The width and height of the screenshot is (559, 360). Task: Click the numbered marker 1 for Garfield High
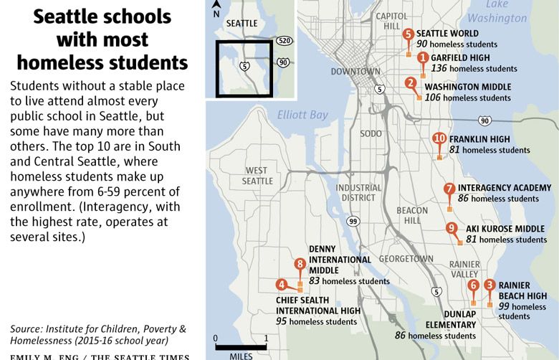tap(423, 58)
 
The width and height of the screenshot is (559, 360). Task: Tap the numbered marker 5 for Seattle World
tap(408, 34)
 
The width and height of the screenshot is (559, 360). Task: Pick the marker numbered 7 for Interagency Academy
tap(449, 189)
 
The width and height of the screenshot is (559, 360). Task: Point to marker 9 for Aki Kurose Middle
tap(451, 229)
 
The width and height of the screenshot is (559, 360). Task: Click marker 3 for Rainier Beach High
tap(489, 285)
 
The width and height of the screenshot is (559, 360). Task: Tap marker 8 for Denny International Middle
tap(300, 265)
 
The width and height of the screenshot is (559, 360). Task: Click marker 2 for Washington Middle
tap(411, 83)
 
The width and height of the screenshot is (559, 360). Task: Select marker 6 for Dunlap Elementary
tap(473, 285)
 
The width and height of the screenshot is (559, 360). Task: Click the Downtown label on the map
tap(355, 72)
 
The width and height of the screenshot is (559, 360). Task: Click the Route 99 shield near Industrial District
tap(353, 222)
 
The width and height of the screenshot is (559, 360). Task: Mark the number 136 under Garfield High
tap(439, 69)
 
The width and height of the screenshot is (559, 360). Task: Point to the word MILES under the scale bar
tap(240, 354)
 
